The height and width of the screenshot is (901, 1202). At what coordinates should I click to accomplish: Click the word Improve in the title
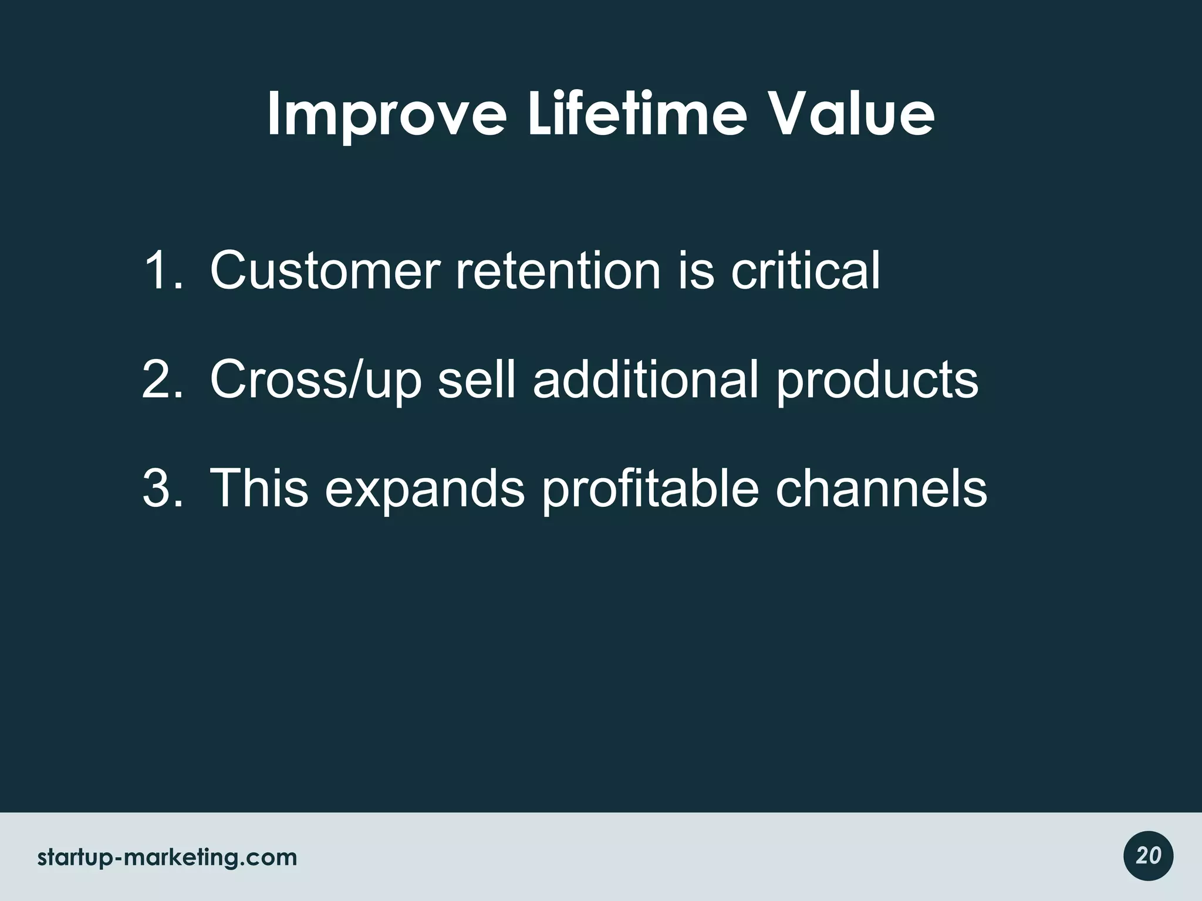pyautogui.click(x=386, y=114)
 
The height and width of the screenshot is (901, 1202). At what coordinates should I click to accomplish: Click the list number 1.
pyautogui.click(x=162, y=270)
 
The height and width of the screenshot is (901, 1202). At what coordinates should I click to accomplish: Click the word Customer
pyautogui.click(x=325, y=270)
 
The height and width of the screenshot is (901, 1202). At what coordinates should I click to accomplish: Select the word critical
pyautogui.click(x=805, y=270)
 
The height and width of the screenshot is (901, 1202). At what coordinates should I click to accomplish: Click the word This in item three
pyautogui.click(x=259, y=488)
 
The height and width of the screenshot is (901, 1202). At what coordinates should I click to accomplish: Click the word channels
pyautogui.click(x=881, y=488)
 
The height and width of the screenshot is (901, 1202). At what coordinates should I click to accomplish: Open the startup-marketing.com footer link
pyautogui.click(x=167, y=858)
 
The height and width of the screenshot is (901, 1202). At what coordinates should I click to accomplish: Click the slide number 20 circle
pyautogui.click(x=1148, y=856)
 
